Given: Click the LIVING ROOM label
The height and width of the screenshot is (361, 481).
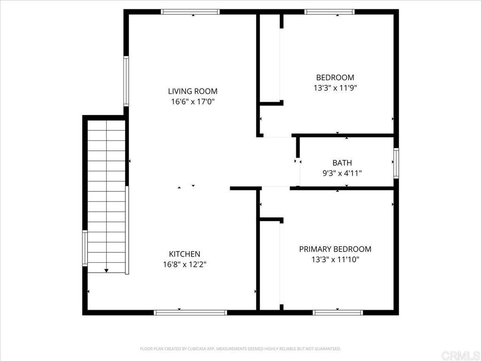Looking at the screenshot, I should coord(193,91).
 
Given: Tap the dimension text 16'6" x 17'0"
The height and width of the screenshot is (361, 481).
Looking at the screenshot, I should coord(193,101).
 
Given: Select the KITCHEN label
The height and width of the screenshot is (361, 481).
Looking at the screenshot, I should coord(185,254).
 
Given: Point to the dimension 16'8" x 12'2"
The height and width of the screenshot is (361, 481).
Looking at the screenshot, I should coord(185,264).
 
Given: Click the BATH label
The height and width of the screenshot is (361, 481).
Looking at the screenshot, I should coord(342,163).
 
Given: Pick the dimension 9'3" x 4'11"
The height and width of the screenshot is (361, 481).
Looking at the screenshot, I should coord(342,173).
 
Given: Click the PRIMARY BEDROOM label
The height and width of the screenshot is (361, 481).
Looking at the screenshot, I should coord(335,249).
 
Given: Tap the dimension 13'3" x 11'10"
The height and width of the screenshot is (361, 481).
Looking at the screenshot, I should coord(335,259).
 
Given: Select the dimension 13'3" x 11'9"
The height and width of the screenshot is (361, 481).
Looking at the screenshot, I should coord(335,87).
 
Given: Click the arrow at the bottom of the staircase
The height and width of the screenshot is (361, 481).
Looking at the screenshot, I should coord(107,270).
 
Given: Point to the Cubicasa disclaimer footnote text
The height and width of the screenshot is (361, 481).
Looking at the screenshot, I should coord(240,349).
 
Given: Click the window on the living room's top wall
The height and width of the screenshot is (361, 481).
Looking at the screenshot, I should coord(190,12).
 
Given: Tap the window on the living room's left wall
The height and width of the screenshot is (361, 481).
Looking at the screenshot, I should coord(126,81).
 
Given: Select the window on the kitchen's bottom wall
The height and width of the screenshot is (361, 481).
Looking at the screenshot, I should coord(190,312).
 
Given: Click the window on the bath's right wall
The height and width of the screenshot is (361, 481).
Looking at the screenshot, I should coord(396,163).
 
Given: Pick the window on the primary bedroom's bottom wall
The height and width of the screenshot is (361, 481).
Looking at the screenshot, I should coord(338,312).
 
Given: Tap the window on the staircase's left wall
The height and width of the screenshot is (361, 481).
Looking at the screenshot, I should coord(85,248).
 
